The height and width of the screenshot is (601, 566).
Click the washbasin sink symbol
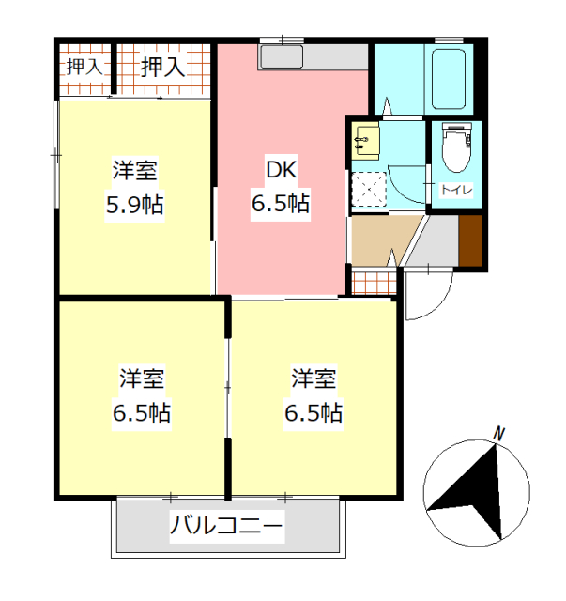pos(364,142)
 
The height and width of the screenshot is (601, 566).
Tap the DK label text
pos(281,171)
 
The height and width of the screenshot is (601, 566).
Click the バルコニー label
pos(225,526)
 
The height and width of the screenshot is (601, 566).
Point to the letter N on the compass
pos(499,434)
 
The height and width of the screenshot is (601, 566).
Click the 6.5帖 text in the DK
pos(281,203)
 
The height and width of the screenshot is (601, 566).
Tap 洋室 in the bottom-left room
pos(142,380)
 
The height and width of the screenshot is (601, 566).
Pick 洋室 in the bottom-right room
pos(314,380)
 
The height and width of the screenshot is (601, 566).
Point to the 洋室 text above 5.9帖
pos(134,172)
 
